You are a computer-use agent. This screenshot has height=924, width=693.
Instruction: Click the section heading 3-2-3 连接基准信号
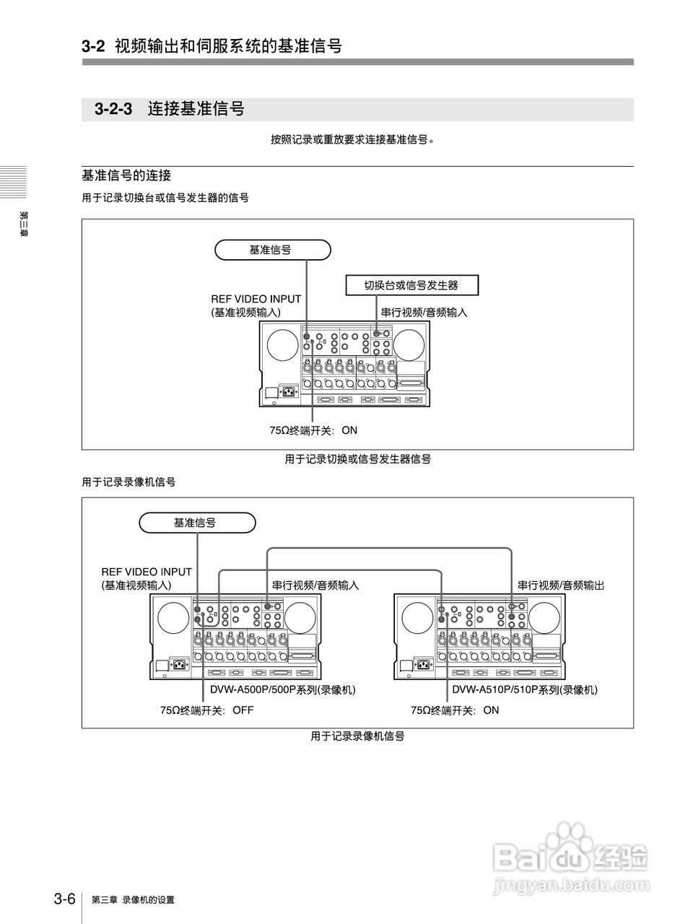click(170, 110)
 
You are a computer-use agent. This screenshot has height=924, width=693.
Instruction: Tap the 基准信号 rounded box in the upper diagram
click(272, 250)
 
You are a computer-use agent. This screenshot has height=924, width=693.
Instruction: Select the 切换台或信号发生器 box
click(412, 285)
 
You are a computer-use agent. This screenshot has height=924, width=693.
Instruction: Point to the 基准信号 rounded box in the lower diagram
click(196, 523)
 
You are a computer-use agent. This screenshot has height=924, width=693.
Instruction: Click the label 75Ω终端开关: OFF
click(206, 710)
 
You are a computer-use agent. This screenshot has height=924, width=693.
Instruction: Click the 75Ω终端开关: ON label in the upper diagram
click(313, 430)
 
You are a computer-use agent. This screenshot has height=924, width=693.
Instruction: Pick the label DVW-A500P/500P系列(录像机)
click(283, 690)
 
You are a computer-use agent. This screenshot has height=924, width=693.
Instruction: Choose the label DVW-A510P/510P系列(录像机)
click(525, 690)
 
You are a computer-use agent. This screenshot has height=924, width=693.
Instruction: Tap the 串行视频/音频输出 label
click(560, 585)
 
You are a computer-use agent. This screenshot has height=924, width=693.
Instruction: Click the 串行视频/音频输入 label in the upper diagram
click(424, 313)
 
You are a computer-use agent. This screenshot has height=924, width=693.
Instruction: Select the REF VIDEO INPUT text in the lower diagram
click(147, 572)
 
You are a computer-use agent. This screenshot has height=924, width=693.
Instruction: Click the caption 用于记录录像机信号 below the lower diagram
click(357, 736)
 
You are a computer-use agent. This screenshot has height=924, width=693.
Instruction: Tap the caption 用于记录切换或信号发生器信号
click(357, 459)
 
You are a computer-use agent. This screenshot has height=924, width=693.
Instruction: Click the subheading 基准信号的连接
click(126, 175)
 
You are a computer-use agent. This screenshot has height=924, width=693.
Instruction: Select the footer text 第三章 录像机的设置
click(133, 900)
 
